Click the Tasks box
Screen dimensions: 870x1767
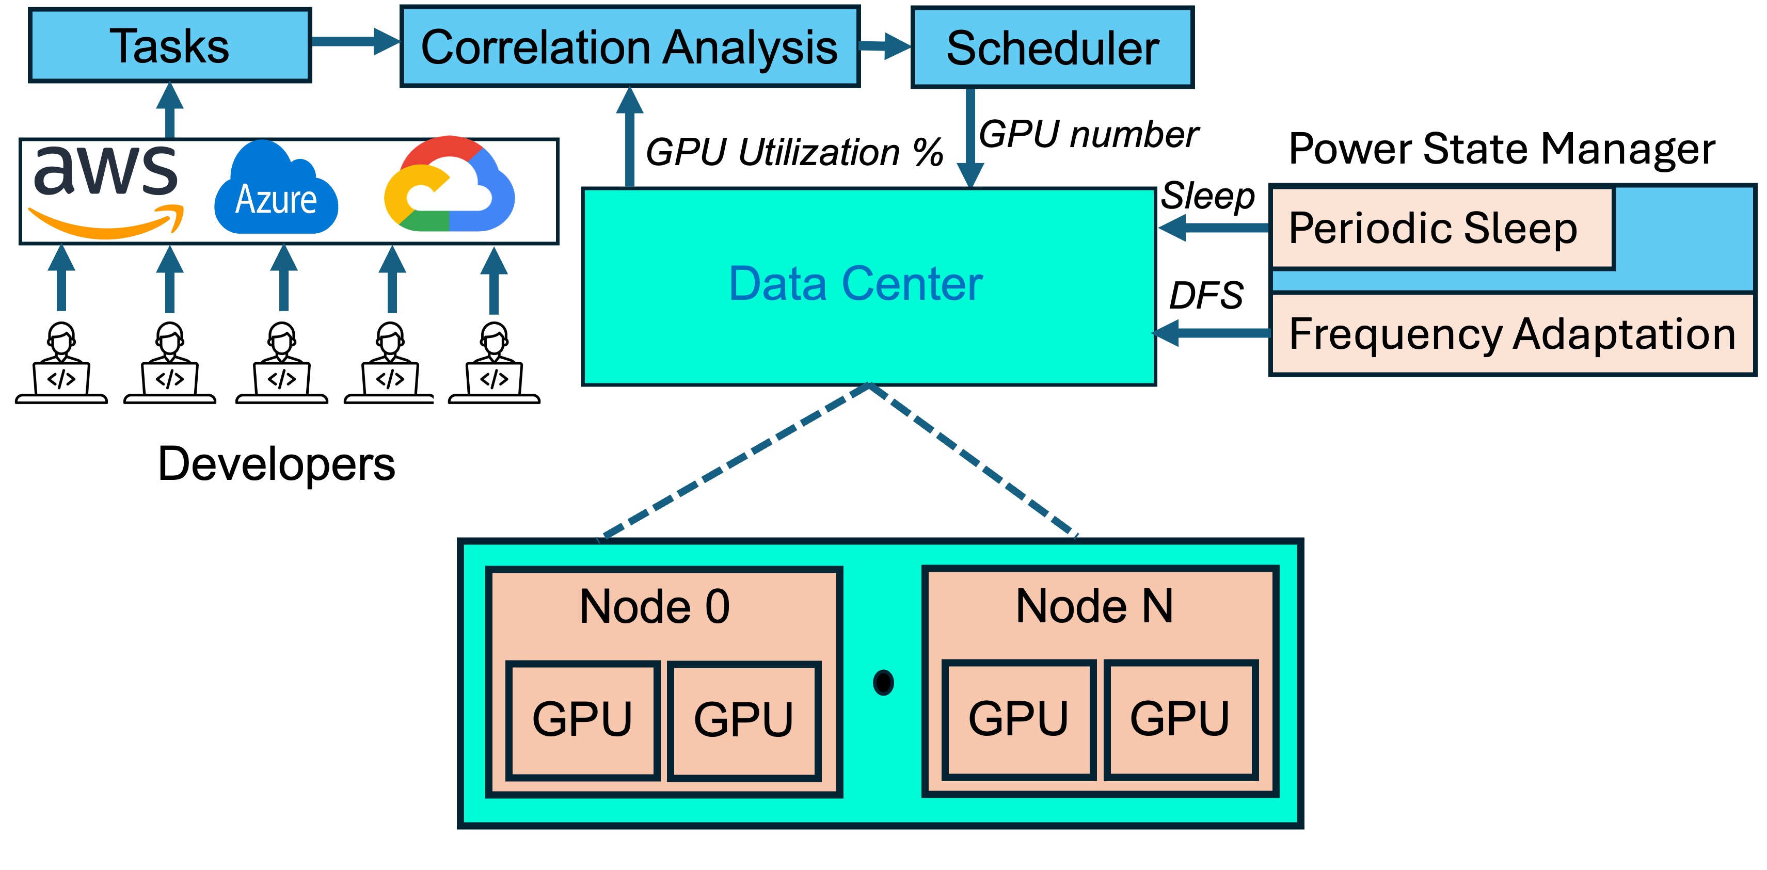[169, 46]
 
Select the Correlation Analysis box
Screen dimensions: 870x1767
[629, 46]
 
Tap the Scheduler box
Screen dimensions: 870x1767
[1052, 47]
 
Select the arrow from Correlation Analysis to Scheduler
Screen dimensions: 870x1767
[885, 46]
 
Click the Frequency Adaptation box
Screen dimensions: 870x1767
[1512, 334]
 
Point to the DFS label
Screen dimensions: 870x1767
[1205, 296]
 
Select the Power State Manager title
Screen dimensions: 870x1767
[1501, 148]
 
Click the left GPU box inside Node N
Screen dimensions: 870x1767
[1018, 719]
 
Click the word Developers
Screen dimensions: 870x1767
[277, 464]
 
